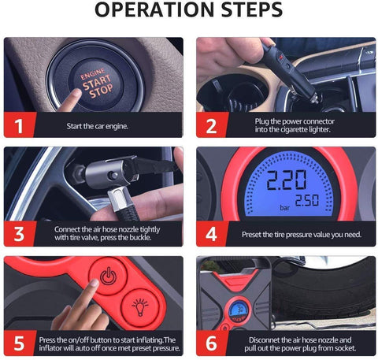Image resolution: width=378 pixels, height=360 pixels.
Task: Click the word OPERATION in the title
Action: pyautogui.click(x=154, y=9)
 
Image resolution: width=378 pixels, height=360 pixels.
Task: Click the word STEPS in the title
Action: pyautogui.click(x=252, y=9)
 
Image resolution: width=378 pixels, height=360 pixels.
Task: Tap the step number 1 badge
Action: pyautogui.click(x=20, y=125)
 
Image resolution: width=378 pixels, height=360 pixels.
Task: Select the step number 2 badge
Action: pyautogui.click(x=212, y=125)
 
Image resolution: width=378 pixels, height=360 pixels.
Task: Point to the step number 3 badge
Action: pyautogui.click(x=20, y=234)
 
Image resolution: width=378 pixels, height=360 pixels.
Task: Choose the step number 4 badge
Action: pyautogui.click(x=212, y=234)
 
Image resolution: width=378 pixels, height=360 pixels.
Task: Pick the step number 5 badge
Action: pyautogui.click(x=20, y=343)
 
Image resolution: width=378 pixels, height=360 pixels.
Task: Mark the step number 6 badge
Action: pyautogui.click(x=212, y=343)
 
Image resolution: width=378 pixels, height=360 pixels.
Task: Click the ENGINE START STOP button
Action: pyautogui.click(x=96, y=84)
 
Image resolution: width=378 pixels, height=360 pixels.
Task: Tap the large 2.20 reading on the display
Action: pyautogui.click(x=287, y=180)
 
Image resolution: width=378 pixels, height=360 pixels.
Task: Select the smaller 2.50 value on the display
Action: pyautogui.click(x=307, y=200)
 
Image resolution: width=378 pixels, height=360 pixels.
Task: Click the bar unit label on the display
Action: pyautogui.click(x=284, y=208)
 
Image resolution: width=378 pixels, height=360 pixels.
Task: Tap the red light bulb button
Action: pyautogui.click(x=140, y=307)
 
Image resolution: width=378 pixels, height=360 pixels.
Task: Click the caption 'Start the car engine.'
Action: pyautogui.click(x=98, y=126)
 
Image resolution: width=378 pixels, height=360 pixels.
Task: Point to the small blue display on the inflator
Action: pyautogui.click(x=239, y=310)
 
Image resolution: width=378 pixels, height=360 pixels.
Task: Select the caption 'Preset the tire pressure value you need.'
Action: pyautogui.click(x=302, y=235)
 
